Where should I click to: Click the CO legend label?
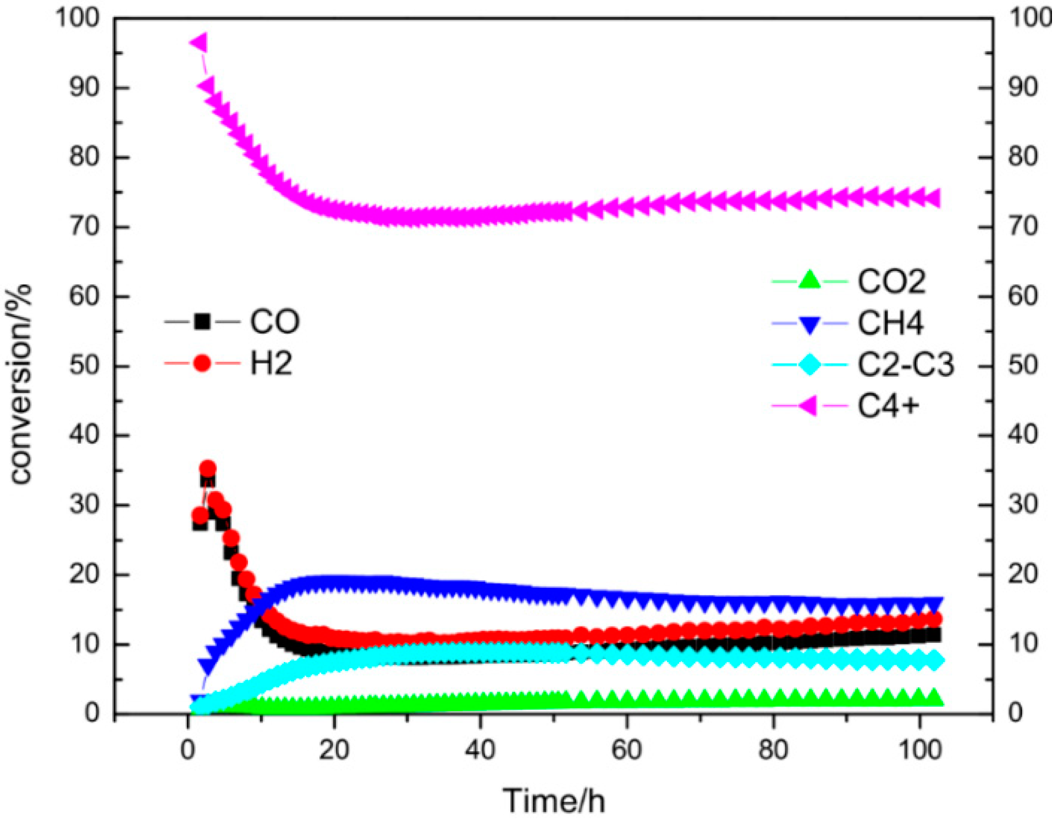[274, 322]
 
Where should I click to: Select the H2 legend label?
[271, 363]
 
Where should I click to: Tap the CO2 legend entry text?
[891, 282]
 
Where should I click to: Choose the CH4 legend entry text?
[890, 323]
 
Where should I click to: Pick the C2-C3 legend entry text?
[905, 365]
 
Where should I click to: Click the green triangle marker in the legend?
[809, 280]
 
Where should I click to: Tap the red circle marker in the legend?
[202, 363]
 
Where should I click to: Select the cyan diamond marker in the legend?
[809, 365]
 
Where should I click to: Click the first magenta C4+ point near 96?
[199, 43]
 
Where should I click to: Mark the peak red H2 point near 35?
[207, 469]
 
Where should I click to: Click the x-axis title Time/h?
[554, 801]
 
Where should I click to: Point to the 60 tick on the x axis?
[626, 750]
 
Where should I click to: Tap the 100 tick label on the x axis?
[920, 750]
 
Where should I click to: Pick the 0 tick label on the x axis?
[188, 750]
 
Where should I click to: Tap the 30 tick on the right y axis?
[1023, 504]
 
